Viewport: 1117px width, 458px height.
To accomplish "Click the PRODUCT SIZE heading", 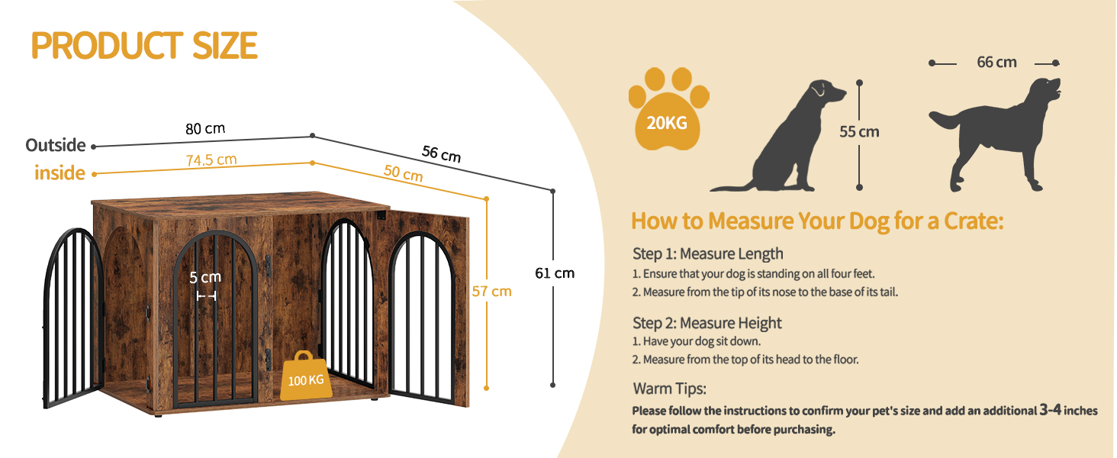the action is [144, 45].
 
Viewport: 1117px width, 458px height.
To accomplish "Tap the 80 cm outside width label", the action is [205, 129].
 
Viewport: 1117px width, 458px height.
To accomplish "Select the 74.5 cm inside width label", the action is [211, 160].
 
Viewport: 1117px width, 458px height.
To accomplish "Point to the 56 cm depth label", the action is [441, 153].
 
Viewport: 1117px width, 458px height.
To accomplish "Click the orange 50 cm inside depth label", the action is [403, 173].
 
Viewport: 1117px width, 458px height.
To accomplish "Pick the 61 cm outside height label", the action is [555, 273].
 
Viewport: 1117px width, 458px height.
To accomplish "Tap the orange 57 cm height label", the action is [491, 292].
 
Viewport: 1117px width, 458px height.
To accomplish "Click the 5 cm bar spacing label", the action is [205, 277].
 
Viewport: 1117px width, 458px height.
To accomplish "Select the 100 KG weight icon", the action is [306, 376].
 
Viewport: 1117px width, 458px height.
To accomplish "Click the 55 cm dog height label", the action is [859, 132].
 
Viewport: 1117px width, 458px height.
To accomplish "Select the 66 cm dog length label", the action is [996, 62].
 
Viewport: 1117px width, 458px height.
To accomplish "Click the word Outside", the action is [56, 145].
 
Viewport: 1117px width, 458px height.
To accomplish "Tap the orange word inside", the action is [60, 173].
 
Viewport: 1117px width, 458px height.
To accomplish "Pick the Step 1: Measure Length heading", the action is [707, 253].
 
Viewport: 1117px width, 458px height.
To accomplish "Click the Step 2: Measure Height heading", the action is [707, 323].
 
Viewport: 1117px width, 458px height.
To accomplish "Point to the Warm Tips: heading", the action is [670, 389].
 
